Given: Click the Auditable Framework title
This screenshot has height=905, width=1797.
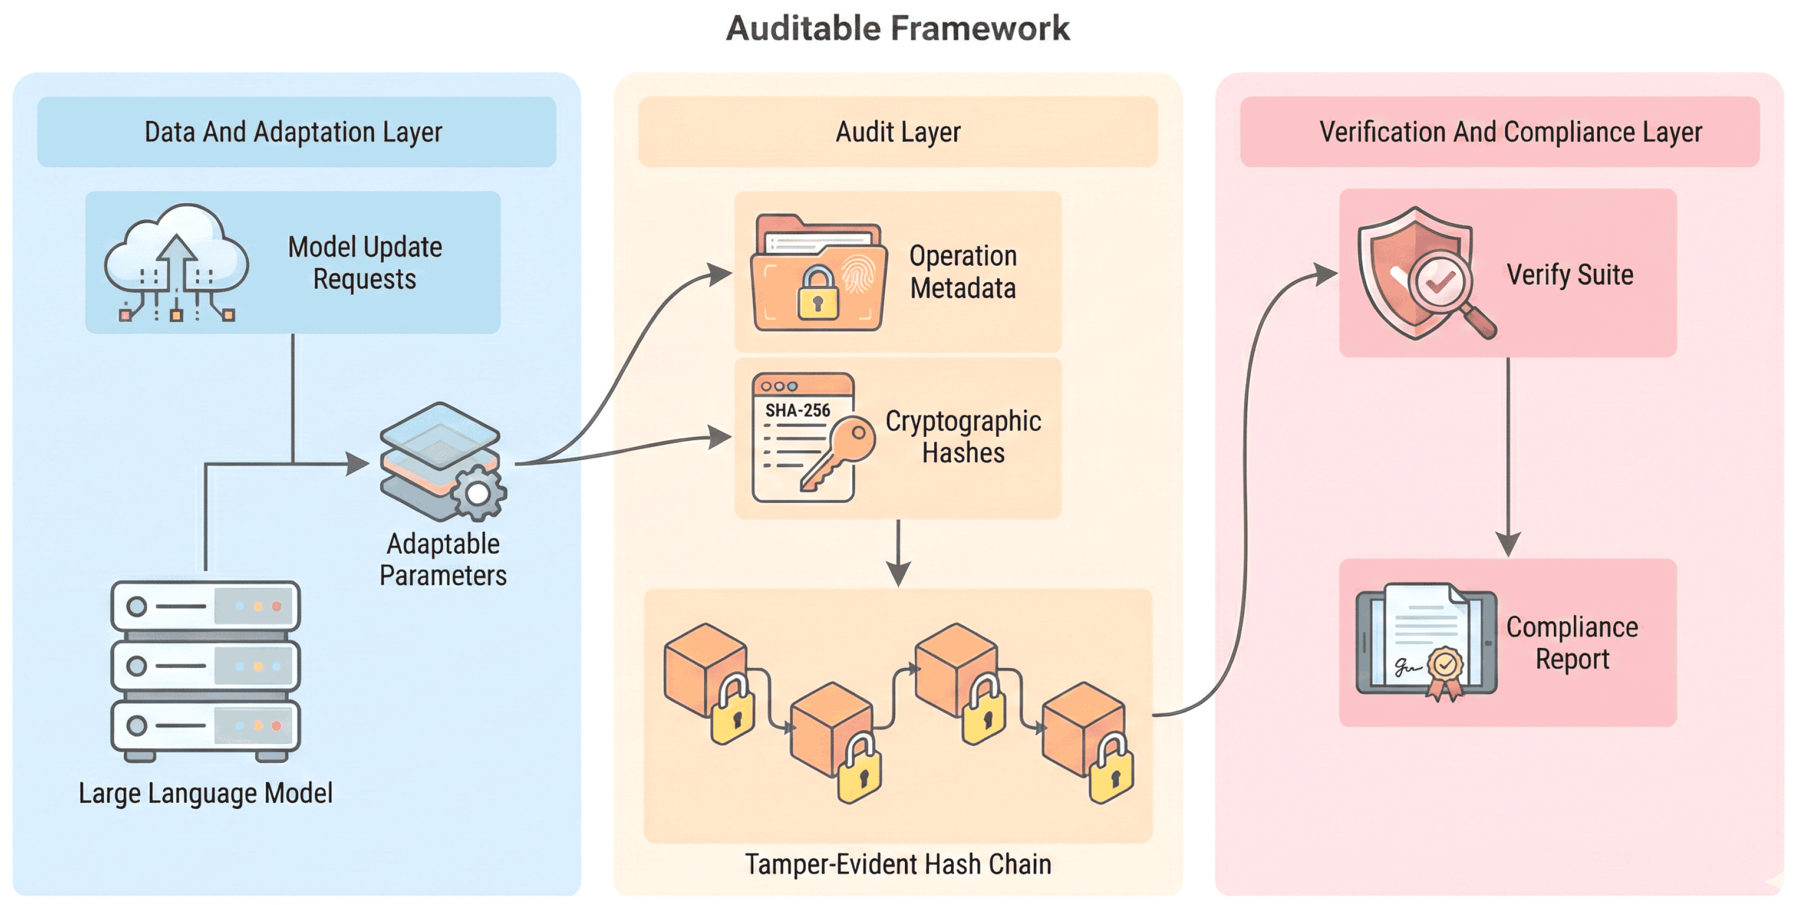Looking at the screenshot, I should pos(898,29).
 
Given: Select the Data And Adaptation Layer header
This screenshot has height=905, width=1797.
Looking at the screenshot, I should pos(294,132).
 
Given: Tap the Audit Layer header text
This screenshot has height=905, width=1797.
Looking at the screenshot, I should pos(898,132).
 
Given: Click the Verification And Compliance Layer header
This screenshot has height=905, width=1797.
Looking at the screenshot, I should pos(1511,132).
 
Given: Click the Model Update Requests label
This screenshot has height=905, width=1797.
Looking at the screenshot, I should pos(365,263).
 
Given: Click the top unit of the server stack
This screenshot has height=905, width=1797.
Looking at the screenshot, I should pos(206,606).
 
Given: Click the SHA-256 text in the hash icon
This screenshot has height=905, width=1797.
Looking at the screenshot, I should pos(797,410).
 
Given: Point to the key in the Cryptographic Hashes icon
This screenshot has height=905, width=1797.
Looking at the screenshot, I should pos(840,452).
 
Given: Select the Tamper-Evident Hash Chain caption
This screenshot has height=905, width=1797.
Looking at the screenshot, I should pos(898,864).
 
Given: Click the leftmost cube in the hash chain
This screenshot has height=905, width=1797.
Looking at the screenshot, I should pos(704,668).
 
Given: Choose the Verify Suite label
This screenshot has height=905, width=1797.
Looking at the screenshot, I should pos(1569,275).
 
